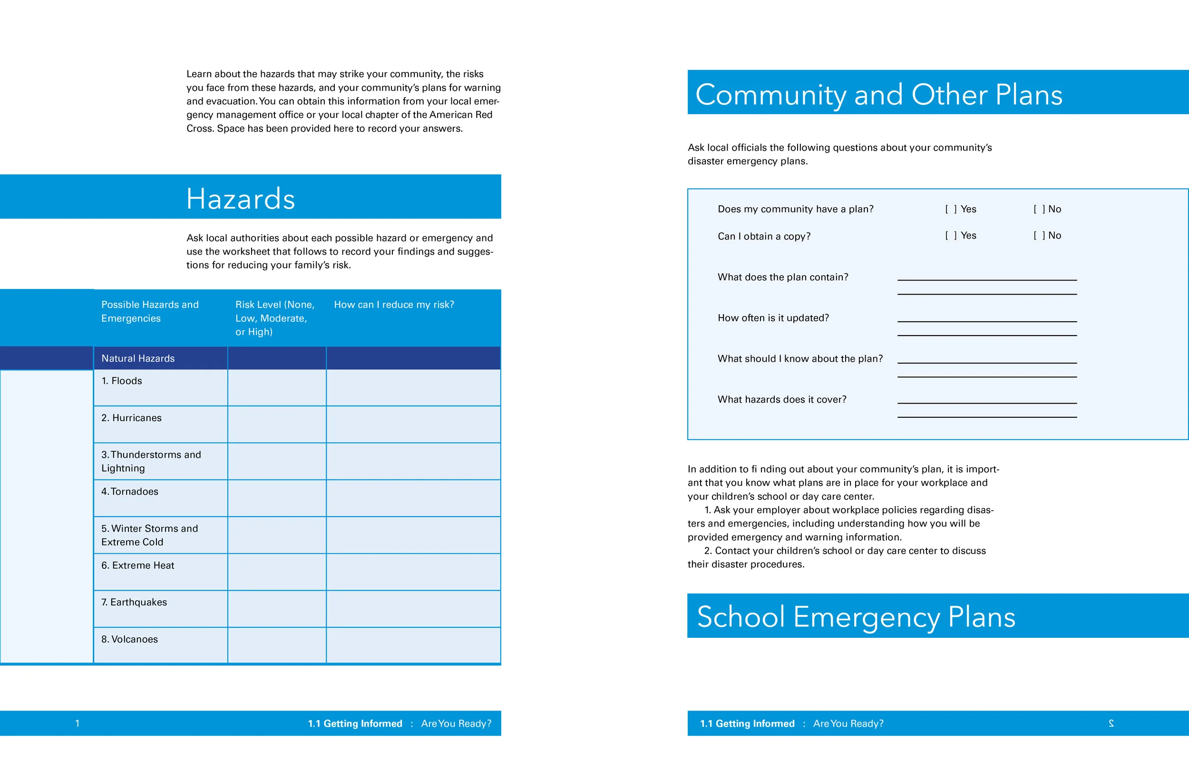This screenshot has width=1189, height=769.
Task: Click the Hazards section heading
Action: [x=240, y=198]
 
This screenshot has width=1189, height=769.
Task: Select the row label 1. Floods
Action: [x=122, y=381]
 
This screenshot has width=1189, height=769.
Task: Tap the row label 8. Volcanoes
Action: [x=129, y=639]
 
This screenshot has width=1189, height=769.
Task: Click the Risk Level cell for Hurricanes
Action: [x=277, y=424]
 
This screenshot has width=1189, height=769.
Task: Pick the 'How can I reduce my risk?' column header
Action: [x=394, y=305]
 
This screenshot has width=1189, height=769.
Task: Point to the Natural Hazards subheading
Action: [x=138, y=358]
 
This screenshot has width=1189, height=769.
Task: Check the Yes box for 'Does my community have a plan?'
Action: [x=951, y=209]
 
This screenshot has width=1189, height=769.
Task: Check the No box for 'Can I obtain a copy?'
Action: [x=1039, y=236]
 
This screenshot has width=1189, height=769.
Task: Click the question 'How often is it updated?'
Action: [x=773, y=318]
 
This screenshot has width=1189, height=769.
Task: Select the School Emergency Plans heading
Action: [x=856, y=617]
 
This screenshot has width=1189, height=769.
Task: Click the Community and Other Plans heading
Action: [x=878, y=95]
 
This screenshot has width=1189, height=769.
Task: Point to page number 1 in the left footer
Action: [x=78, y=723]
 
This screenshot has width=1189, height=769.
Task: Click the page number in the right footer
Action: [x=1111, y=723]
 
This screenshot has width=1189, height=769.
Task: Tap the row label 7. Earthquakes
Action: [x=134, y=602]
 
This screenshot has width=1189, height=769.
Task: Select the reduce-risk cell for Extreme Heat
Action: [x=413, y=572]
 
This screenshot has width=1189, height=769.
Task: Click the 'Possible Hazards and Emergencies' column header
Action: [x=150, y=312]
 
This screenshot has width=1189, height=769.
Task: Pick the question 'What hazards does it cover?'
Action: [x=782, y=400]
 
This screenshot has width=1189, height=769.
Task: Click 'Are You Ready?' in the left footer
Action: [x=456, y=723]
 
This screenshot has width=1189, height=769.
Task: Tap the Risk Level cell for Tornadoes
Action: [x=277, y=499]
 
